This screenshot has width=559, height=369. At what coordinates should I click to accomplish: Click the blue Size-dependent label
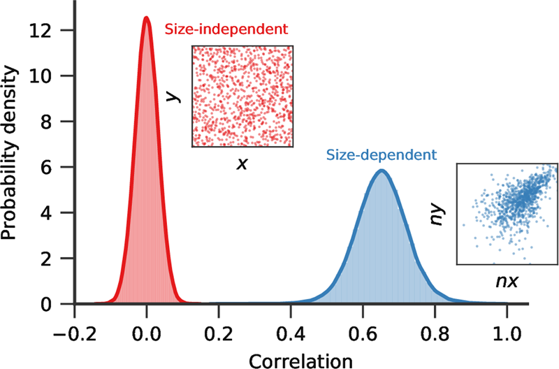[x=381, y=154]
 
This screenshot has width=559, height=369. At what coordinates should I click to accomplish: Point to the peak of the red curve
[x=146, y=19]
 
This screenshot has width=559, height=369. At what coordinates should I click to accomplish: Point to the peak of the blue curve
[x=381, y=171]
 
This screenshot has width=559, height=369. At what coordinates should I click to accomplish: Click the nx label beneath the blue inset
[x=507, y=283]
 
